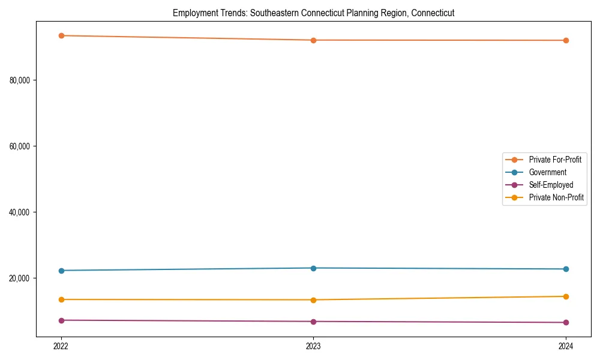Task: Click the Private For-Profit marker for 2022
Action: (61, 35)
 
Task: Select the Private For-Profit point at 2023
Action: (313, 40)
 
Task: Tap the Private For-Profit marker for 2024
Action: (566, 40)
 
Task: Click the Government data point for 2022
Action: (61, 271)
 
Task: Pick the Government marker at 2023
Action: (313, 268)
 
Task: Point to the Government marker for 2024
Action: (566, 269)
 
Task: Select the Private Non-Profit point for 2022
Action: (61, 299)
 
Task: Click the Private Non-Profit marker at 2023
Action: (313, 300)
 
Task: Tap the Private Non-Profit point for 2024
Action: (566, 296)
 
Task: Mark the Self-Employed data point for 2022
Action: (61, 320)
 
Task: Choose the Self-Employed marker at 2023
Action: (313, 322)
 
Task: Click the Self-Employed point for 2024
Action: (566, 323)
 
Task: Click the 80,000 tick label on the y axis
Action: (20, 80)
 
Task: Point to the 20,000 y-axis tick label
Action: (20, 278)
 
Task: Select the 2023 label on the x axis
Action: (313, 346)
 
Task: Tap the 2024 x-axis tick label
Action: (566, 346)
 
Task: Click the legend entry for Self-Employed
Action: (551, 185)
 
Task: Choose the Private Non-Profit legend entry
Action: (556, 197)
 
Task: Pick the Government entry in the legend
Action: (547, 172)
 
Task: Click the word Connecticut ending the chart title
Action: (433, 13)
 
